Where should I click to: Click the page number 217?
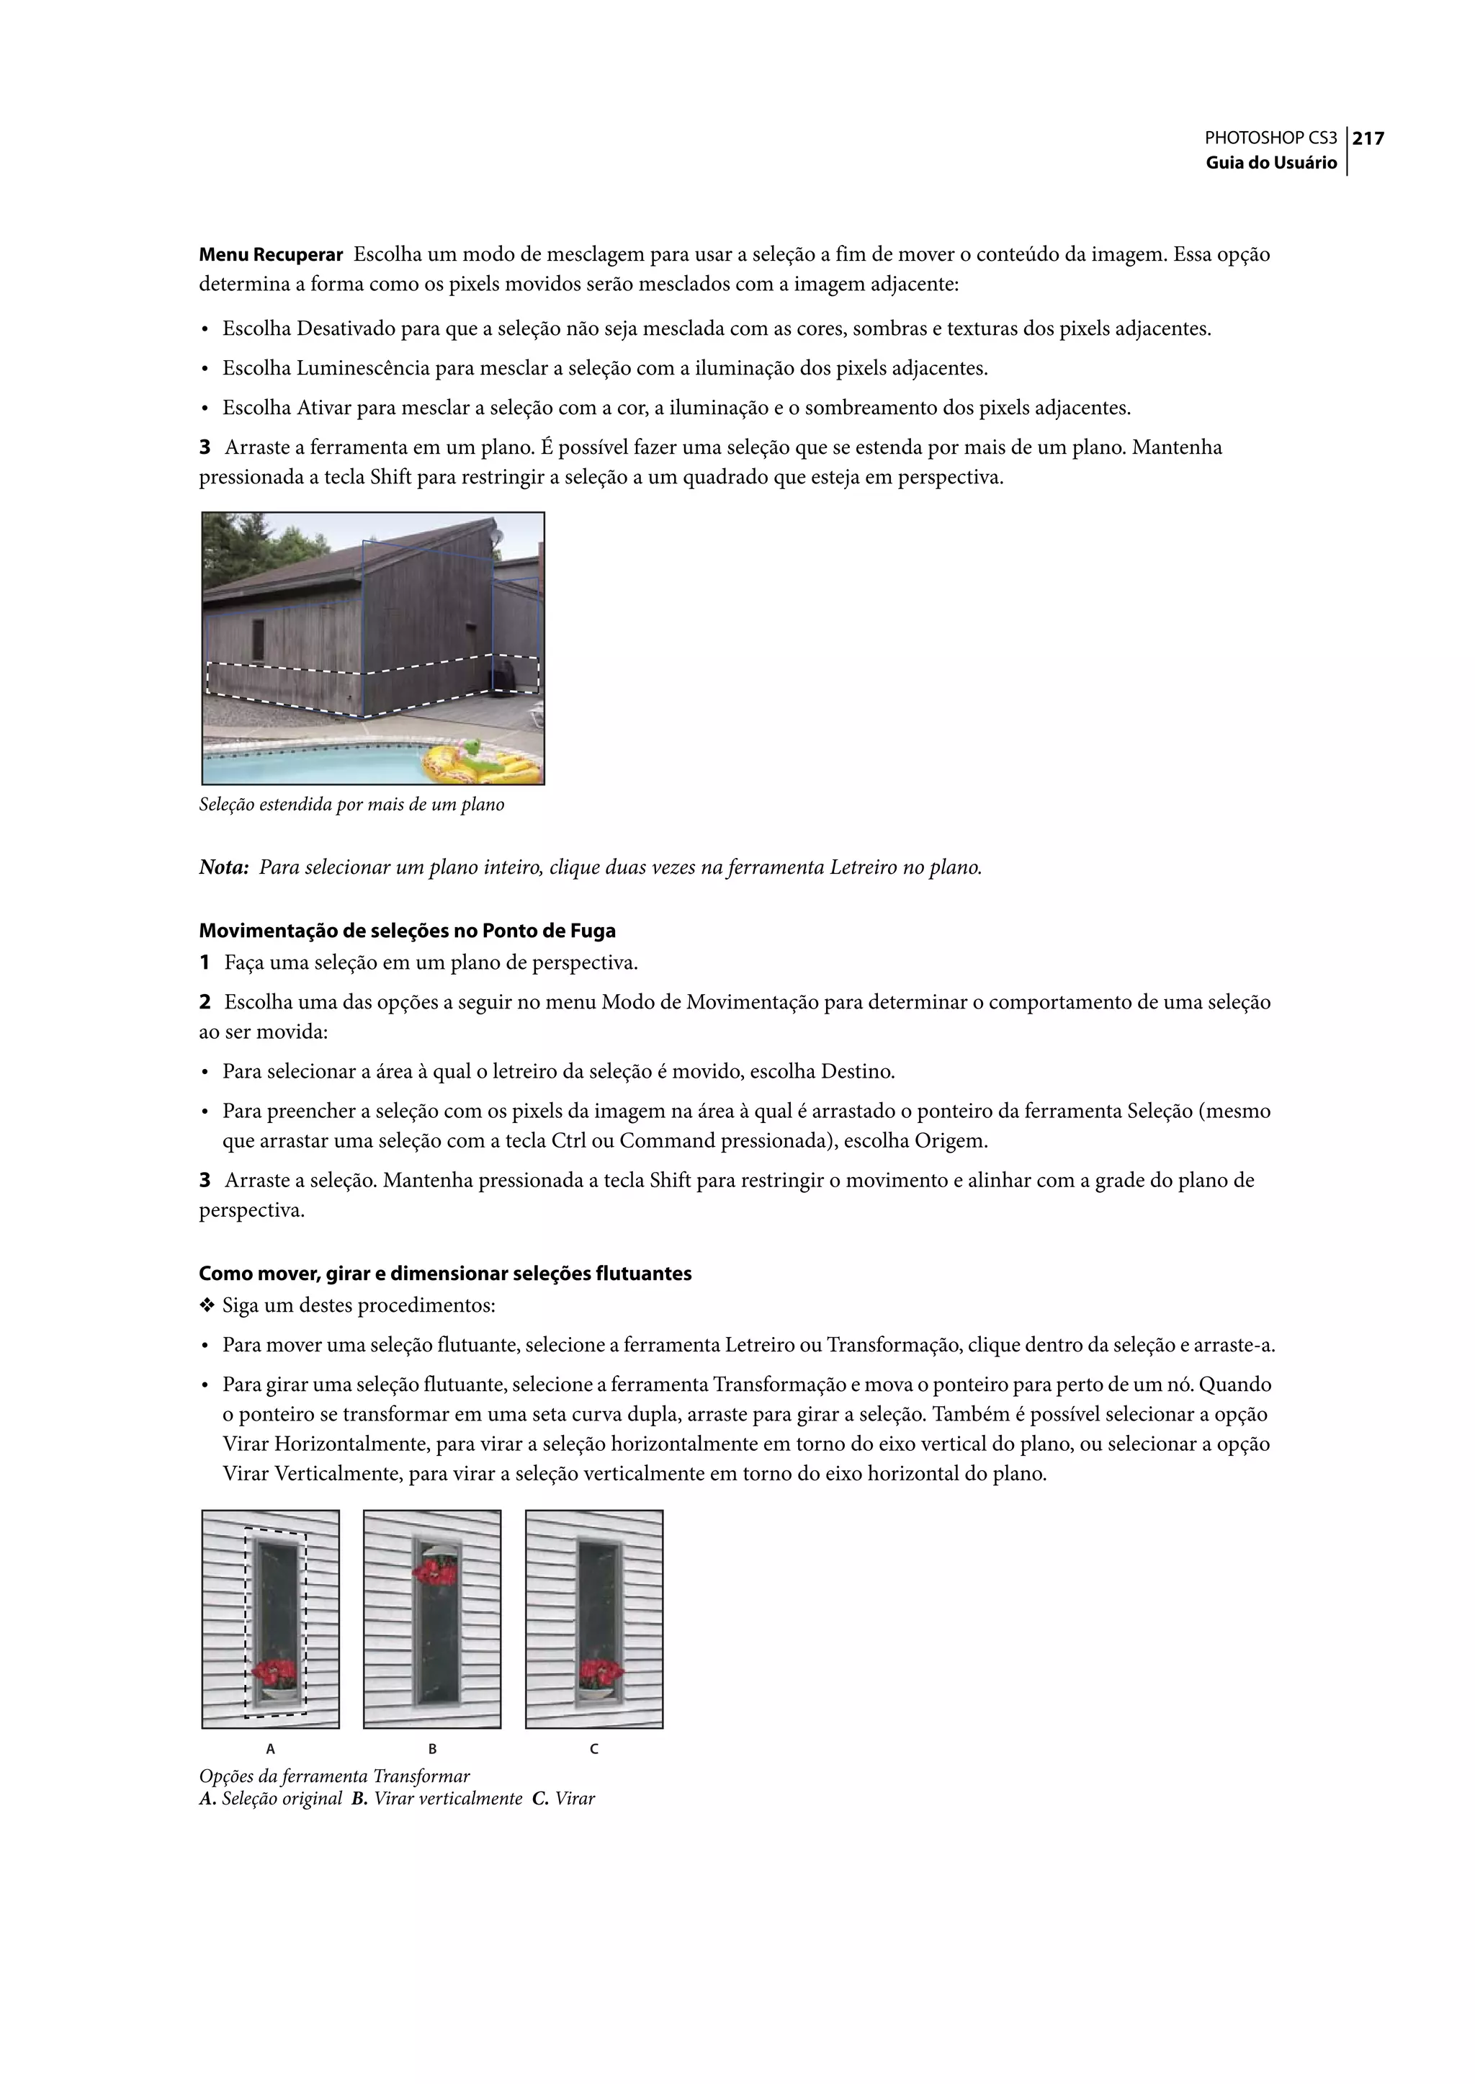[1368, 139]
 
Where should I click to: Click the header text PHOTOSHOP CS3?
[1270, 139]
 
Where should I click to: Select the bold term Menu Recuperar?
[271, 255]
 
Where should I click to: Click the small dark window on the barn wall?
[258, 640]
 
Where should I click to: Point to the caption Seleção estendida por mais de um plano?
[351, 805]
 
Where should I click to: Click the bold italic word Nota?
[223, 867]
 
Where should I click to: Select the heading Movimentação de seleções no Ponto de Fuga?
[407, 931]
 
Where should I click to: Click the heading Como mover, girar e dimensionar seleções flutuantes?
[445, 1274]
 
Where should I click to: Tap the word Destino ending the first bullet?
[857, 1072]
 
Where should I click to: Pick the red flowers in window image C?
[601, 1671]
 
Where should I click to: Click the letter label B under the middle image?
[432, 1749]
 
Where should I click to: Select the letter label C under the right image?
[594, 1749]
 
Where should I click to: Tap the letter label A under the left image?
[271, 1749]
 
